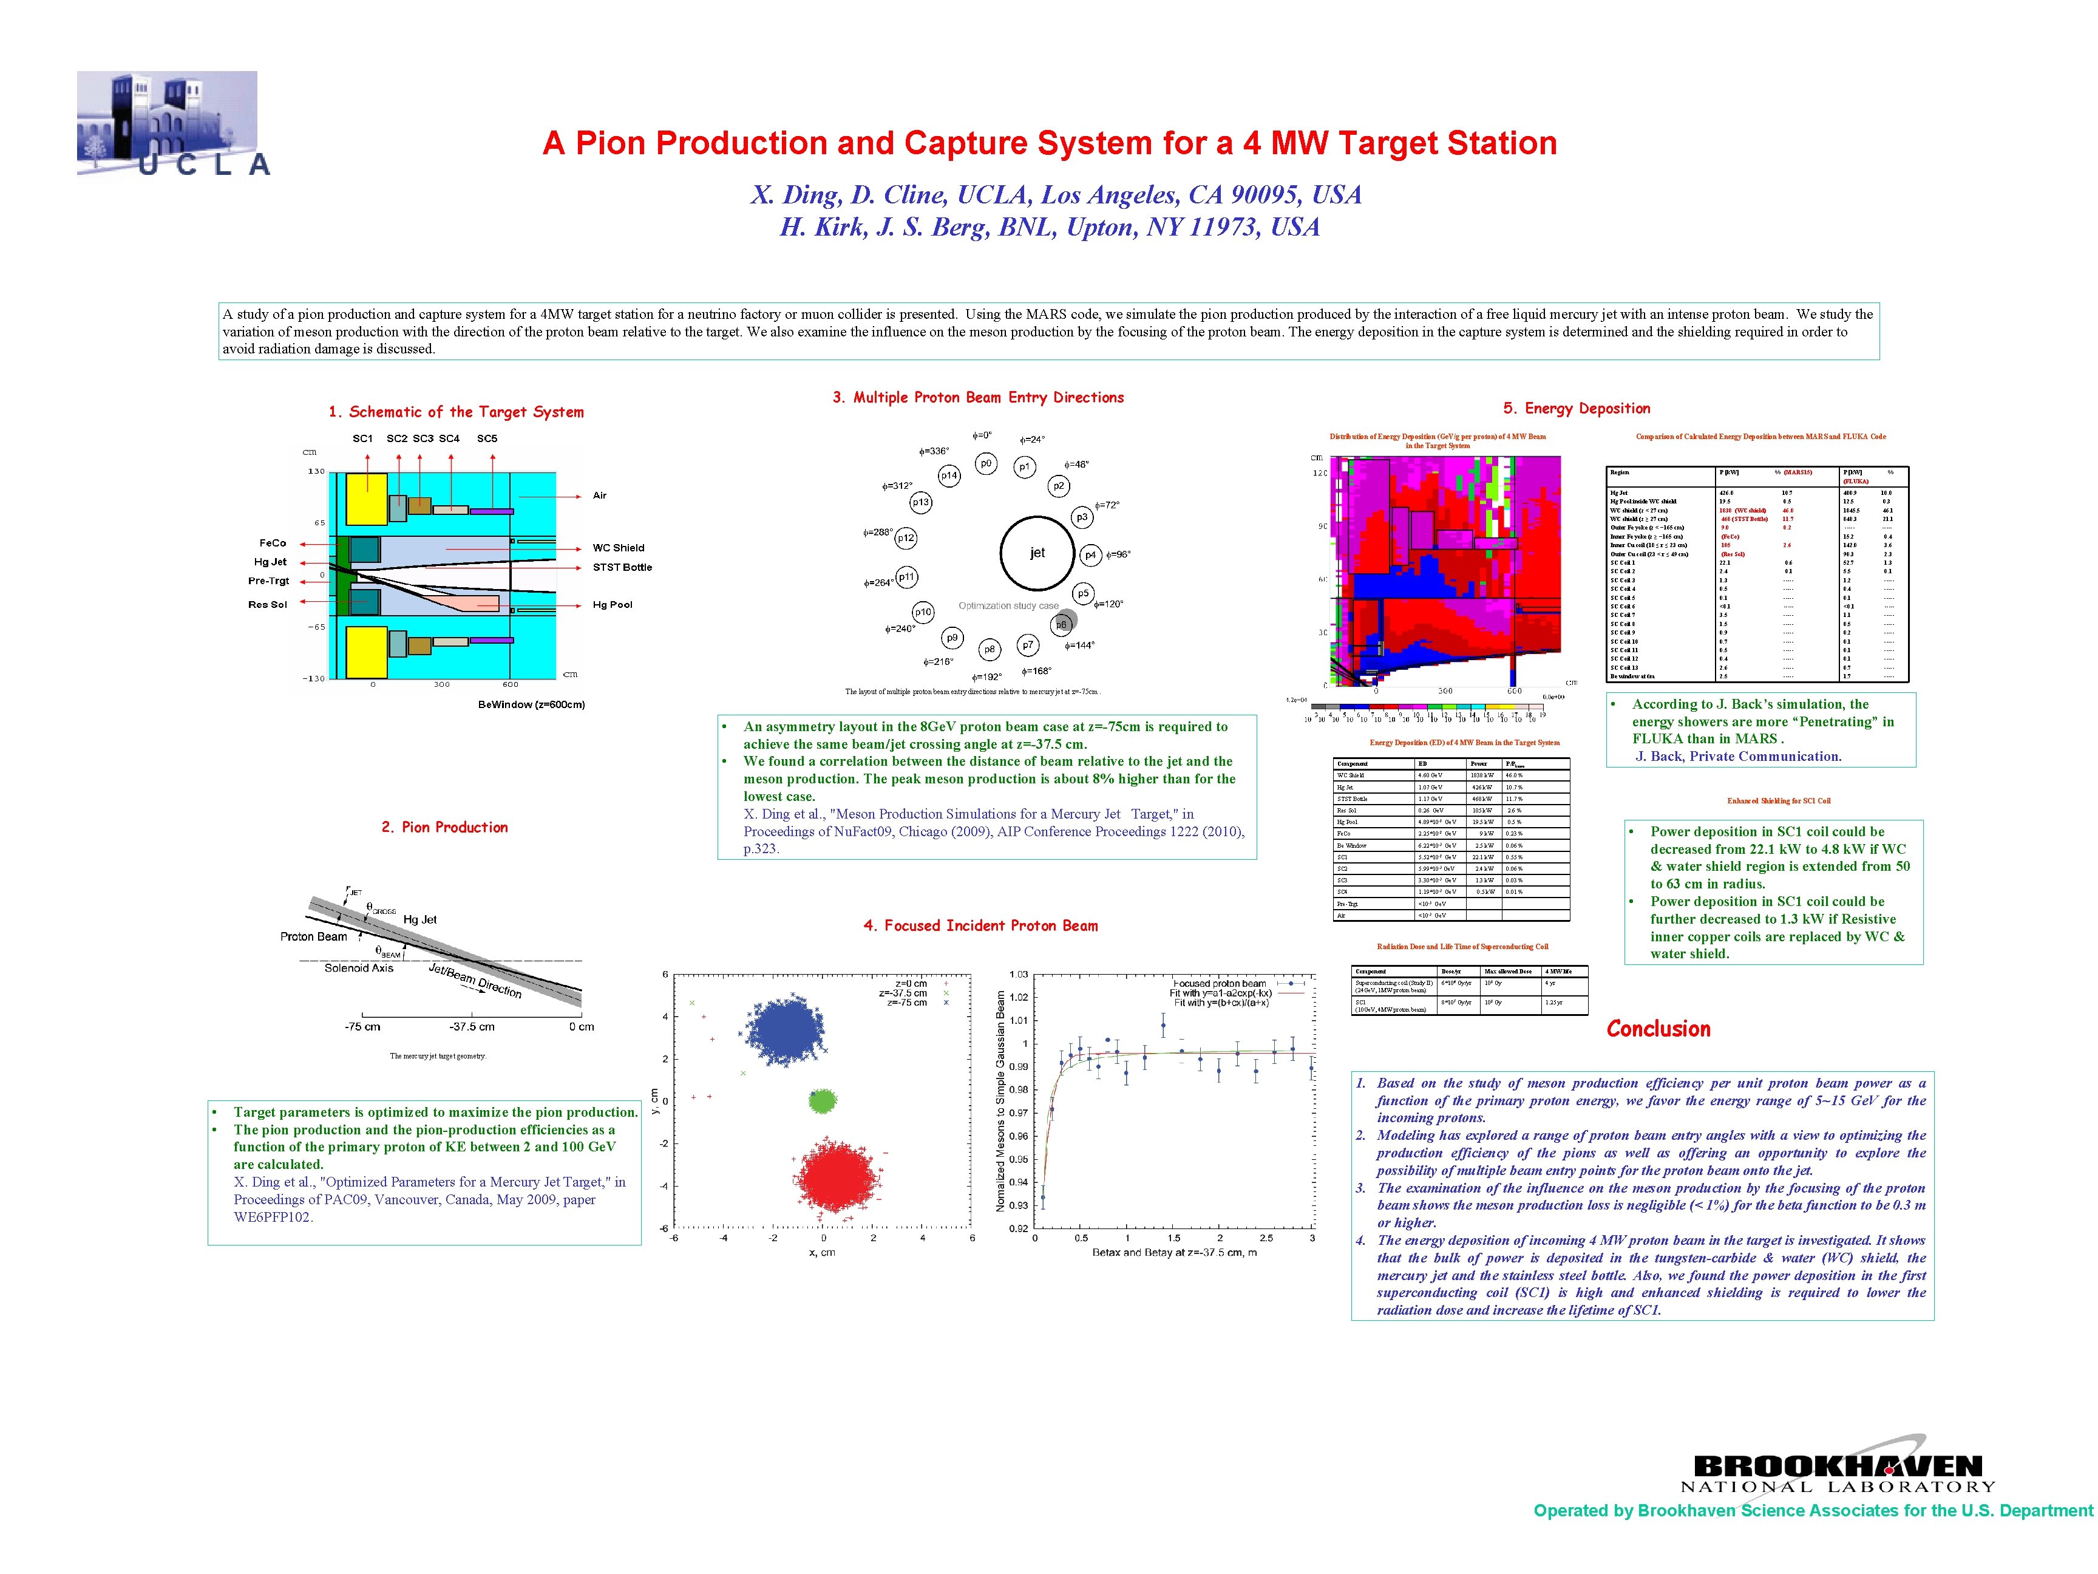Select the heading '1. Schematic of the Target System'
(x=457, y=412)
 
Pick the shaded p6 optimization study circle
(x=1062, y=623)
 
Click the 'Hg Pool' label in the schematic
(x=612, y=604)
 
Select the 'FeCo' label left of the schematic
(x=273, y=543)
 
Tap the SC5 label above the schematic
(x=487, y=438)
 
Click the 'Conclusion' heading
(x=1658, y=1029)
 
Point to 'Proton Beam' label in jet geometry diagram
(x=313, y=936)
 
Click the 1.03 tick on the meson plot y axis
(x=1017, y=975)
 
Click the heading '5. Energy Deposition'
(x=1577, y=408)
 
